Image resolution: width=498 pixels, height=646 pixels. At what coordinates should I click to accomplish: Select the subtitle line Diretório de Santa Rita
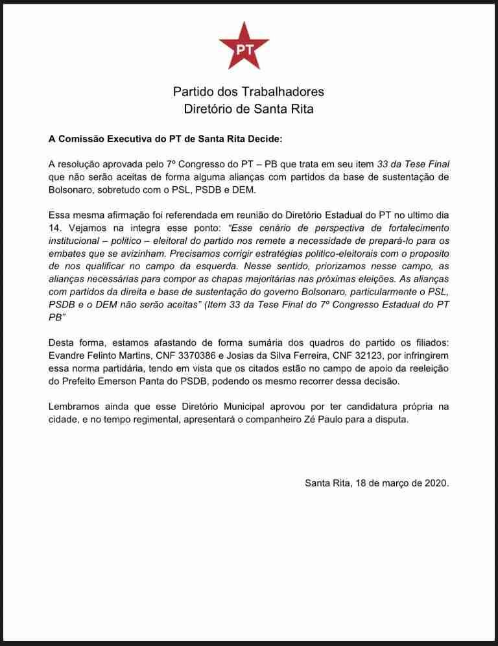[248, 109]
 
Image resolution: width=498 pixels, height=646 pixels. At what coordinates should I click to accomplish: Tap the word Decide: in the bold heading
[264, 139]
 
